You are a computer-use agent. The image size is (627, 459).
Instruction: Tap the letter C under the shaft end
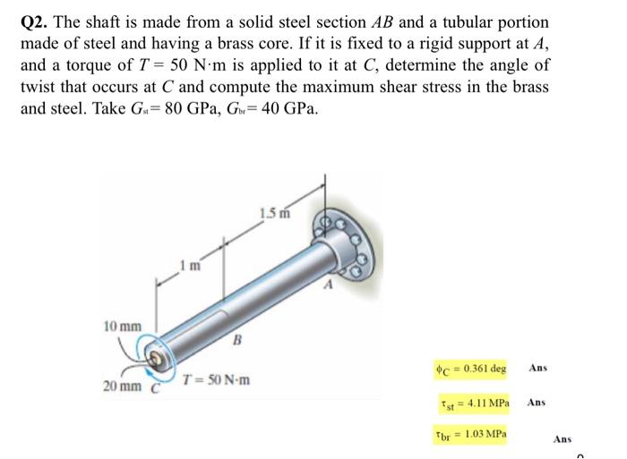coord(153,388)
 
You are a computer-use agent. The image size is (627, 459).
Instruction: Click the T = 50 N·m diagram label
coord(215,379)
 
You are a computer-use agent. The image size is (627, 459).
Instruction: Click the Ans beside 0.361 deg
coord(537,368)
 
